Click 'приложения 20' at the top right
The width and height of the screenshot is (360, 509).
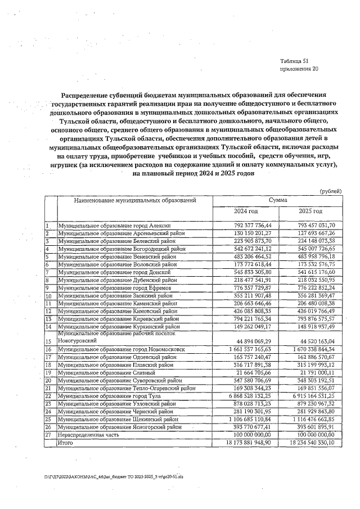pyautogui.click(x=299, y=69)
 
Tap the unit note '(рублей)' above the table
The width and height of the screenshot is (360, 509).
pyautogui.click(x=330, y=192)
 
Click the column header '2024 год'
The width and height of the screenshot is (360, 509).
pyautogui.click(x=246, y=211)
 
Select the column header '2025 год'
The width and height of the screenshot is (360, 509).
pyautogui.click(x=310, y=211)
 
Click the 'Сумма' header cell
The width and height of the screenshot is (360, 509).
pyautogui.click(x=278, y=200)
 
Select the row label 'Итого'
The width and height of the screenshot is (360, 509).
pyautogui.click(x=66, y=443)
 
